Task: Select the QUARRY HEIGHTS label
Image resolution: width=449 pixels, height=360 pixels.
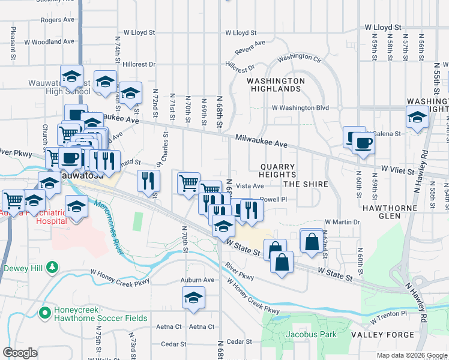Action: (277, 171)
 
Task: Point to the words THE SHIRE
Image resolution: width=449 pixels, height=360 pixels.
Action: (306, 184)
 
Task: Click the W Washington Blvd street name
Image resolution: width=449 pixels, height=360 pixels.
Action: (300, 108)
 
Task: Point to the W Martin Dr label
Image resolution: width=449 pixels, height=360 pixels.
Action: (342, 222)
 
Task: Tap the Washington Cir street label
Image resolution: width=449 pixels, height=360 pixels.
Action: (299, 58)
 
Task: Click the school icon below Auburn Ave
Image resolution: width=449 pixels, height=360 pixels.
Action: (194, 298)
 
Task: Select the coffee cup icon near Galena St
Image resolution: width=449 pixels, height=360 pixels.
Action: (364, 143)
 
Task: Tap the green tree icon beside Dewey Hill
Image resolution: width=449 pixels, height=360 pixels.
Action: (53, 266)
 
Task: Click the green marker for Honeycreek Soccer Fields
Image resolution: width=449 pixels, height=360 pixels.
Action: (43, 312)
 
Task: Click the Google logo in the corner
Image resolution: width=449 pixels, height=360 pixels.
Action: (20, 353)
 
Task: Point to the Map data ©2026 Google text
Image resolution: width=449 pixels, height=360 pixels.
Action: (411, 355)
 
